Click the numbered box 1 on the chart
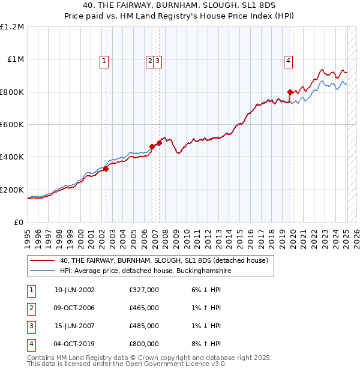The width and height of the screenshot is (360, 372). click(x=104, y=60)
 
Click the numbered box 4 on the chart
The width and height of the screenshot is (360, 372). click(x=289, y=60)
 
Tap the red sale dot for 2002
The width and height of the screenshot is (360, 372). click(x=106, y=169)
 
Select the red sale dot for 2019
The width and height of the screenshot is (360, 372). click(x=290, y=92)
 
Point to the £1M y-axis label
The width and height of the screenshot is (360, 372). click(x=14, y=59)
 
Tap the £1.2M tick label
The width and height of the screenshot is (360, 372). click(x=12, y=27)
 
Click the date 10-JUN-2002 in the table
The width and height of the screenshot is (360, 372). click(x=74, y=290)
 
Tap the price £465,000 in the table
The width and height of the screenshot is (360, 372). click(x=144, y=308)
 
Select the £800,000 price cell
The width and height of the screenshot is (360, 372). click(x=144, y=344)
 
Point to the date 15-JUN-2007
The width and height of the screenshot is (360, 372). click(x=74, y=326)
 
